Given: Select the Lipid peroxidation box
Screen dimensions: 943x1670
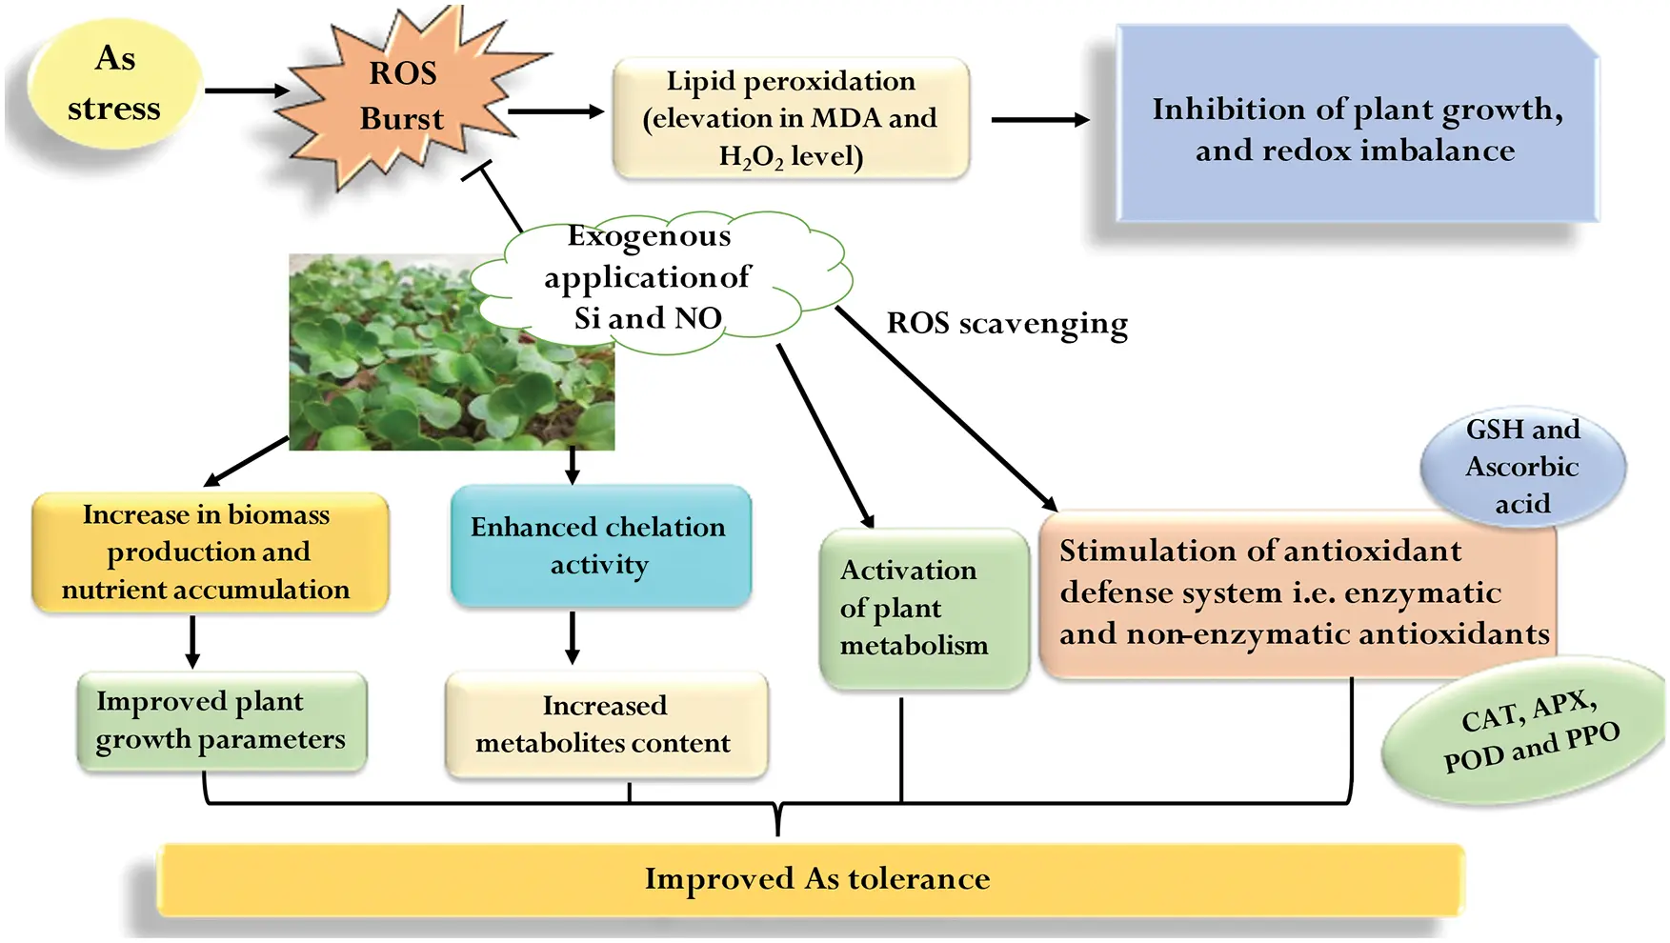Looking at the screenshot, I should click(x=791, y=118).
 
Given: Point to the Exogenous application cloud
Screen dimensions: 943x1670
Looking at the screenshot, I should click(x=657, y=278).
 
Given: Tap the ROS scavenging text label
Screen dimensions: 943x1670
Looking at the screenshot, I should click(x=1007, y=324).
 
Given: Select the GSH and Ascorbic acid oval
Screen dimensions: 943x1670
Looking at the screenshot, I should click(x=1521, y=467).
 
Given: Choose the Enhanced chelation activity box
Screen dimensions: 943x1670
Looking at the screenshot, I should click(x=599, y=546).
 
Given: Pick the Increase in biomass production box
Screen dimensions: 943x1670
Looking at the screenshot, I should click(x=209, y=552).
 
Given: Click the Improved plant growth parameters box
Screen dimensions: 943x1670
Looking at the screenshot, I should click(x=220, y=720).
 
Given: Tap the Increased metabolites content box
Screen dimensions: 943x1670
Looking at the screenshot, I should click(x=604, y=724).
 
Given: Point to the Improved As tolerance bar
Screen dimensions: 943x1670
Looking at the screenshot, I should click(x=815, y=878).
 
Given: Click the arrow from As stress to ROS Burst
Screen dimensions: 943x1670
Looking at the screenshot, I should click(x=247, y=90).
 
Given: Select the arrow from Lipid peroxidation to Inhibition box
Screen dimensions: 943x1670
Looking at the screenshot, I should click(x=1039, y=120).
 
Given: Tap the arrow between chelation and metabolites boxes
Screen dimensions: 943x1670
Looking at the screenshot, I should click(x=573, y=636).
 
